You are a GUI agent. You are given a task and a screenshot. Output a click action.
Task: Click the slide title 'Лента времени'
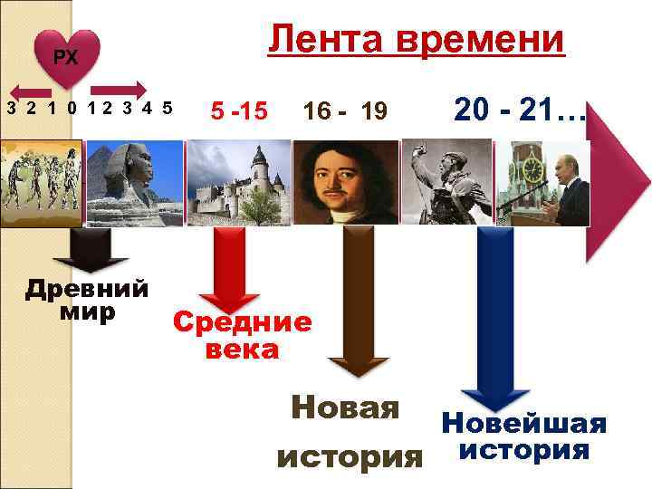click(416, 41)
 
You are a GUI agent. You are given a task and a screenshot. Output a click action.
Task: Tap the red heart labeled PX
click(65, 59)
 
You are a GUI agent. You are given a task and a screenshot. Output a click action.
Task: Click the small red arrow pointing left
click(33, 91)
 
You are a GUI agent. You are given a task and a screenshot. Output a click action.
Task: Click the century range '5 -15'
click(238, 111)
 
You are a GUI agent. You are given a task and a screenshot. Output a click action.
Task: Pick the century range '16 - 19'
click(345, 111)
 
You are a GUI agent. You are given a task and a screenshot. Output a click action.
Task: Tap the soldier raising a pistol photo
click(444, 181)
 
